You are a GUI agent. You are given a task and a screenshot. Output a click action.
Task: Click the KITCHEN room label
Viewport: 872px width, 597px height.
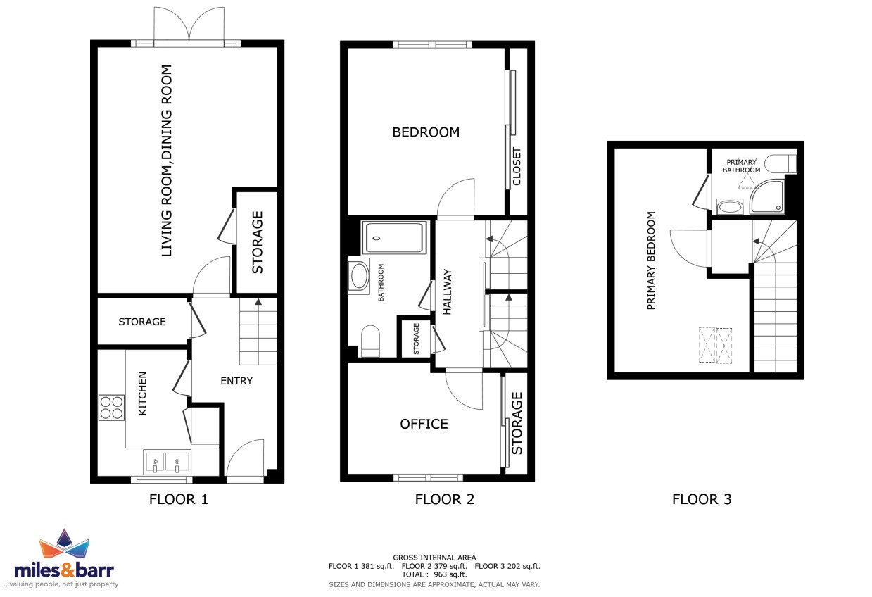point(142,394)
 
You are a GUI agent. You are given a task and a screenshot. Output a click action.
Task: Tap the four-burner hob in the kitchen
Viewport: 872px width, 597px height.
point(112,408)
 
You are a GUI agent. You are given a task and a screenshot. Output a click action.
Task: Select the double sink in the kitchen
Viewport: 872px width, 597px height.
point(167,463)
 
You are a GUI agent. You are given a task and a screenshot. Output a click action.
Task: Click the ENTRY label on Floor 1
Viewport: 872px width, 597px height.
point(236,380)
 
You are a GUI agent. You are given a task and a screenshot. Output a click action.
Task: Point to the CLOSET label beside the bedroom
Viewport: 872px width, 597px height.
point(517,166)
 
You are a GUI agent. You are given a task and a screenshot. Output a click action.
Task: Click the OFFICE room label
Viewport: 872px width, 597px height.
point(424,424)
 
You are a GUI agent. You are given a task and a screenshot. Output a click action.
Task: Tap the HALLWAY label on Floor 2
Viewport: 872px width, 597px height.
point(448,291)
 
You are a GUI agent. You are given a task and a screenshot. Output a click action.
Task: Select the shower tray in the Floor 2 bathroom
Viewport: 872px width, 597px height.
point(394,237)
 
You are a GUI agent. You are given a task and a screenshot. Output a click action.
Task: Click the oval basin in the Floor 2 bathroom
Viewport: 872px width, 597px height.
point(359,275)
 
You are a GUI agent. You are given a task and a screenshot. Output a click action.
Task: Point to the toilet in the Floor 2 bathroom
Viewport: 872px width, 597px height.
point(370,341)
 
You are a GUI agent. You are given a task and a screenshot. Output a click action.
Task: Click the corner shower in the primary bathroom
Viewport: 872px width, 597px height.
point(767,197)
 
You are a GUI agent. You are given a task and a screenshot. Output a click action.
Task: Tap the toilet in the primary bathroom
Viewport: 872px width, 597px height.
point(780,164)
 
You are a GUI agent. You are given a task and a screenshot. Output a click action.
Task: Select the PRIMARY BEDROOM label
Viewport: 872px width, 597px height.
point(651,260)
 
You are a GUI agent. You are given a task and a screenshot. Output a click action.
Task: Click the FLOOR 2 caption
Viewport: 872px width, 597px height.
point(445,499)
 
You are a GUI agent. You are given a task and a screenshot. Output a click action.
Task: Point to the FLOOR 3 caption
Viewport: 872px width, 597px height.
point(702,499)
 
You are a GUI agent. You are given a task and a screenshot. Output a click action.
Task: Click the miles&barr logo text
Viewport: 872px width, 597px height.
point(64,571)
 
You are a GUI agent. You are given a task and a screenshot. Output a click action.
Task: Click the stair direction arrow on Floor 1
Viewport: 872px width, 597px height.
point(258,302)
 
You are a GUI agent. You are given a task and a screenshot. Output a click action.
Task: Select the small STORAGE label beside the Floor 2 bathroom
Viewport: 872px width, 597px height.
point(416,339)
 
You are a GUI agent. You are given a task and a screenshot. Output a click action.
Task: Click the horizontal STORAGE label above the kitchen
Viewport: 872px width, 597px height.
point(142,322)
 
